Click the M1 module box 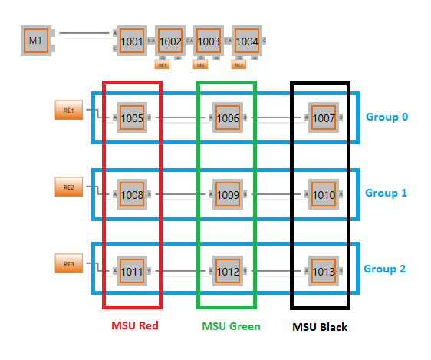[35, 40]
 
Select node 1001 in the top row [131, 41]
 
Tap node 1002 [170, 41]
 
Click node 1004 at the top [246, 41]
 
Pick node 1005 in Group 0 [131, 117]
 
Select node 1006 [227, 117]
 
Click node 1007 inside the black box [323, 117]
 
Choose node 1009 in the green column [227, 194]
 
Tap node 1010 [323, 194]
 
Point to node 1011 [131, 270]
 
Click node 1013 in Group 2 [323, 270]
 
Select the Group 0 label [386, 117]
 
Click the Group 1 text [386, 193]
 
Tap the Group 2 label [386, 269]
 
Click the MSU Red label [134, 326]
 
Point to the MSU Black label [320, 327]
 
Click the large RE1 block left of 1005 [68, 111]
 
